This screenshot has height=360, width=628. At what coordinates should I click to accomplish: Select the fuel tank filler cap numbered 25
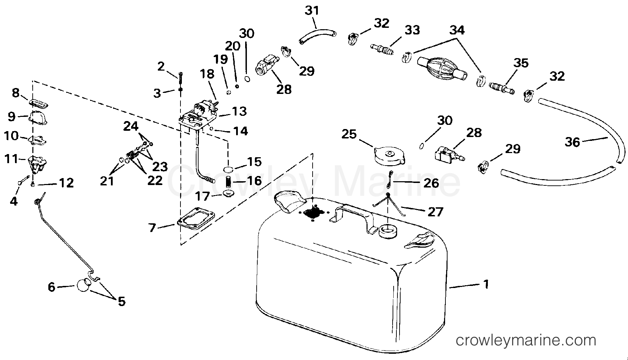pos(389,156)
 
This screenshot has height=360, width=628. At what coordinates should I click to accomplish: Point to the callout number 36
pos(572,142)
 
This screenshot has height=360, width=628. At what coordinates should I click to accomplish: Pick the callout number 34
pos(457,30)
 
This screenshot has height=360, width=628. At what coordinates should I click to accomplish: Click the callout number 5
pos(121,301)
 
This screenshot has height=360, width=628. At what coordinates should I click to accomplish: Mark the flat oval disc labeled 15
pos(228,170)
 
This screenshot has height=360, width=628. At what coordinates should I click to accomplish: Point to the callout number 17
pos(203,197)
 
